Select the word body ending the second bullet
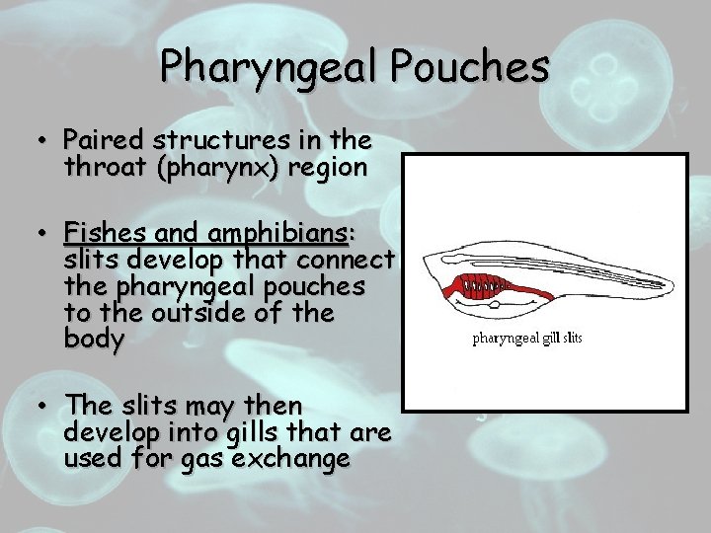pyautogui.click(x=94, y=341)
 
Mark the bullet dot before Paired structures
pyautogui.click(x=43, y=140)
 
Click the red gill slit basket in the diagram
pyautogui.click(x=485, y=288)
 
